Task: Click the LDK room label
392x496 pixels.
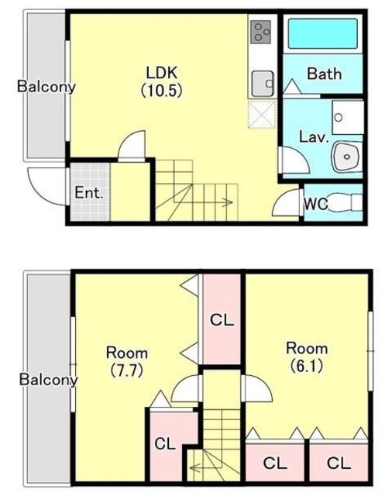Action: (162, 81)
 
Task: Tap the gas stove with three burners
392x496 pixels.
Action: (261, 32)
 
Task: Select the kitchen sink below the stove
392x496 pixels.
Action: (263, 84)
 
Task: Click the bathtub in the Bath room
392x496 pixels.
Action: (323, 33)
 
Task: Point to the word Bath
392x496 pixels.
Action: (325, 74)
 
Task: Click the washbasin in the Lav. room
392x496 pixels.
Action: (347, 157)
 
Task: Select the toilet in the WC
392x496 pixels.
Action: (346, 202)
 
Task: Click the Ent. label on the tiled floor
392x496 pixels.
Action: (89, 192)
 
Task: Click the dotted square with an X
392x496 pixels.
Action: (262, 114)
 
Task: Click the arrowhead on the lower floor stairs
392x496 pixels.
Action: (229, 202)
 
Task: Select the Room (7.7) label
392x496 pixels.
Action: (127, 361)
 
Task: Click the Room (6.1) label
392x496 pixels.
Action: (307, 356)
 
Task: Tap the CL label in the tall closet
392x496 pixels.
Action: (222, 320)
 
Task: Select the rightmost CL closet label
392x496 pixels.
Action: (339, 463)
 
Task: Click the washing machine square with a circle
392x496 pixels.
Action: (347, 117)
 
